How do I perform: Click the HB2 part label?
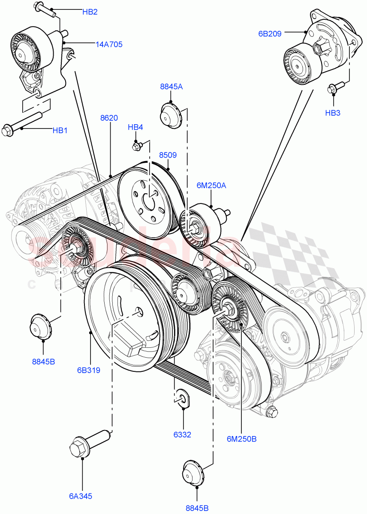coord(90,12)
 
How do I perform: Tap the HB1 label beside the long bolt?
coord(60,131)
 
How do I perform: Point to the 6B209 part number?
coord(270,33)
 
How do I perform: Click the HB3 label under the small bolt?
coord(333,113)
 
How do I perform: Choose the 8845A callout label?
coord(171,87)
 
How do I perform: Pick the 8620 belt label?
coord(109,118)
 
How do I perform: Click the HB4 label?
coord(135,127)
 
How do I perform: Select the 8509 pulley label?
coord(168,155)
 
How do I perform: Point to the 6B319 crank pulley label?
coord(90,370)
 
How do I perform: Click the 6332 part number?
coord(182,435)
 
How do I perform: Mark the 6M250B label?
coord(241,439)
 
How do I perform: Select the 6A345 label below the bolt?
coord(81,496)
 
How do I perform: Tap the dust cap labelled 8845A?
coord(170,115)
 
